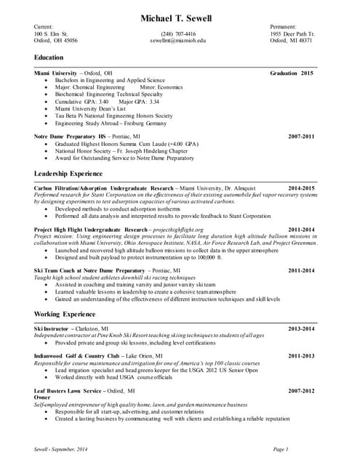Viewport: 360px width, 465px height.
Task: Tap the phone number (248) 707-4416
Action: [178, 33]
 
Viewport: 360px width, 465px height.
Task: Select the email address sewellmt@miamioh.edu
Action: [178, 41]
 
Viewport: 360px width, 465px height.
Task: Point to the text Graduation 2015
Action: [291, 73]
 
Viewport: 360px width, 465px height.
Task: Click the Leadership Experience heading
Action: [68, 174]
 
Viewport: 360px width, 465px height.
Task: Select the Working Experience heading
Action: [65, 314]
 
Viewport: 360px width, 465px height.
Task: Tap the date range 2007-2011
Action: [301, 136]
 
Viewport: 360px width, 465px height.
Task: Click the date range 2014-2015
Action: [301, 188]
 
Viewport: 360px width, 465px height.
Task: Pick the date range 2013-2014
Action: [301, 329]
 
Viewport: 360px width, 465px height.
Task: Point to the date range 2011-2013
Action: [301, 356]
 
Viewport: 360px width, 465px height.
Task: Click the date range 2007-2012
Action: [301, 391]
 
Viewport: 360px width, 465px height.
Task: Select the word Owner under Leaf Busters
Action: [42, 398]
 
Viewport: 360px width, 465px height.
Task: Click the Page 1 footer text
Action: [281, 450]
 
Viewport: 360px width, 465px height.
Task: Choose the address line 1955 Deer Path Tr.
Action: [292, 33]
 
